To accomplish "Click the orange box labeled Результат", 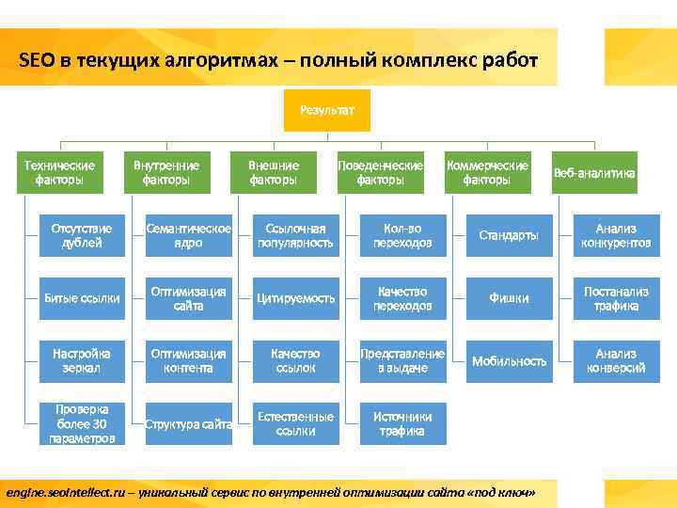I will pos(327,110).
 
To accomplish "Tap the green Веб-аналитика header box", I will pos(594,173).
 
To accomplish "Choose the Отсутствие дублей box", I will pos(82,235).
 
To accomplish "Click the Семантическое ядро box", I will pos(188,235).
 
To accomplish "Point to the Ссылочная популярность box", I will pos(295,235).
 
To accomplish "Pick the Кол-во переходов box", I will pos(402,235).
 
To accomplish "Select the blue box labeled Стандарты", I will pos(509,235).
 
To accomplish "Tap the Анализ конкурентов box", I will pos(616,235).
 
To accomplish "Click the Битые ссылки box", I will pos(82,298).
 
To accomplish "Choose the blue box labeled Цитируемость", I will pos(295,298).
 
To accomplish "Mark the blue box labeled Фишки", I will pos(509,298).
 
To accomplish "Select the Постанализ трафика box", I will pos(616,298).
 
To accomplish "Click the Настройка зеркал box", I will pos(82,361).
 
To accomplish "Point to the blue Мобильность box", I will pos(509,361).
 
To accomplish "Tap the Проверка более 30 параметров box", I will pos(82,424).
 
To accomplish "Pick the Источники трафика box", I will pos(402,424).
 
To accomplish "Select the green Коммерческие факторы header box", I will pos(487,172).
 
